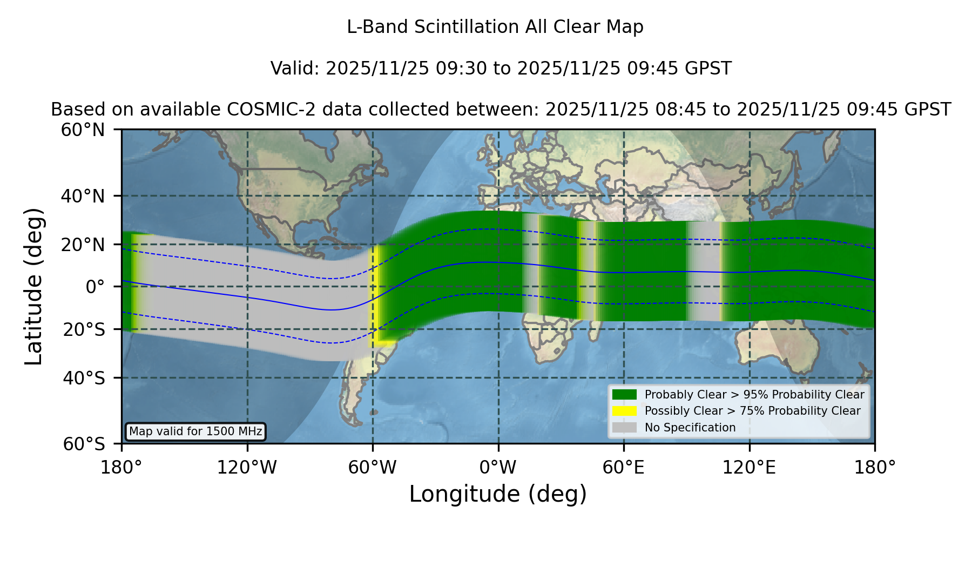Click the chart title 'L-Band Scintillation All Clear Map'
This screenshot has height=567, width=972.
tap(495, 27)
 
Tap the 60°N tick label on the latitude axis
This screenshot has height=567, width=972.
tap(83, 130)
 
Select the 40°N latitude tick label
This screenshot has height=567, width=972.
tap(83, 196)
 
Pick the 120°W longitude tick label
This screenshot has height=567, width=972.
tap(247, 468)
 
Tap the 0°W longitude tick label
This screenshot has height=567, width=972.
tap(498, 468)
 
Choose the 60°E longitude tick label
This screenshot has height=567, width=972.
tap(624, 468)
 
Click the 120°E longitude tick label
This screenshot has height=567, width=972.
tap(749, 468)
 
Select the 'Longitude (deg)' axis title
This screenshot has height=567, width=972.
tap(498, 495)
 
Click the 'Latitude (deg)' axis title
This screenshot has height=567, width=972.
tap(34, 286)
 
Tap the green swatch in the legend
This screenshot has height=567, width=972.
tap(625, 394)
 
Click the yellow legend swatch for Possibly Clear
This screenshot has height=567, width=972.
tap(625, 411)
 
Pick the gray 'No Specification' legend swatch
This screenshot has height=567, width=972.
tap(625, 428)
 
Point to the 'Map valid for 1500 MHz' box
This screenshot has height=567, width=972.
tap(195, 431)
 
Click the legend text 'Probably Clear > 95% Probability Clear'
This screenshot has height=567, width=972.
tap(754, 395)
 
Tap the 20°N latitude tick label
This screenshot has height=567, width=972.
tap(83, 245)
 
